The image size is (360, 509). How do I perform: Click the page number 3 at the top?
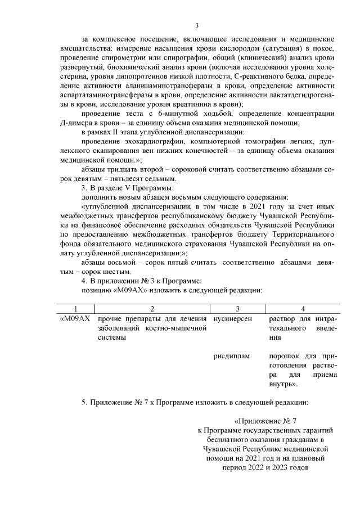197,25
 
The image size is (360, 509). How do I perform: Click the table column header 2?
152,309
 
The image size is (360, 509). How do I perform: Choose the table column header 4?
303,309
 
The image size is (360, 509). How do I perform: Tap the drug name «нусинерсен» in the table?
231,319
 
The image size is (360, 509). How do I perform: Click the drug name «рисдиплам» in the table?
232,357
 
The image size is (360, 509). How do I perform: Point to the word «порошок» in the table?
283,357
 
